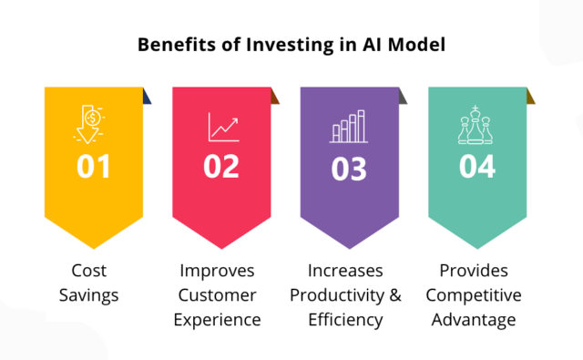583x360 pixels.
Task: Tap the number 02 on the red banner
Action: (220, 167)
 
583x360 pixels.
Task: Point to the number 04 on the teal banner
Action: (476, 167)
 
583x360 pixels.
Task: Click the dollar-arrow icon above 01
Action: (91, 126)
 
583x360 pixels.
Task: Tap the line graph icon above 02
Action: (222, 127)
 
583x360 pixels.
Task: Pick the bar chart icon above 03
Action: (347, 126)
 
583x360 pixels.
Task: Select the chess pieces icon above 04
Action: (476, 125)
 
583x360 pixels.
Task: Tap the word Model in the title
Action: (417, 44)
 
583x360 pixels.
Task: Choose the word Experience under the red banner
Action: (219, 320)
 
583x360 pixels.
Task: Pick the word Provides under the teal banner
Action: (475, 271)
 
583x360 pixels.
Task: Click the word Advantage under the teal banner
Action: (475, 320)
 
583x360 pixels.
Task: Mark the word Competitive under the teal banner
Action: (475, 295)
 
